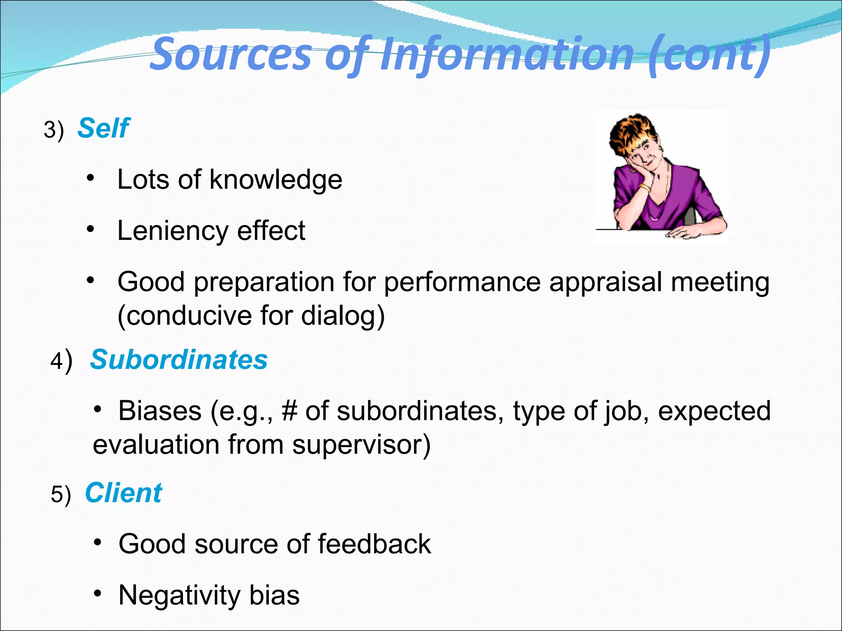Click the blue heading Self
point(103,128)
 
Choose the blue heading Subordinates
point(179,359)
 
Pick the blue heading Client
point(123,493)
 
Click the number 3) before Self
point(54,130)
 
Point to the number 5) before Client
point(60,494)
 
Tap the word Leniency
point(172,231)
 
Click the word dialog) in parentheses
point(343,316)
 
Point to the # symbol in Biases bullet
point(289,411)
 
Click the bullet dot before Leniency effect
point(90,229)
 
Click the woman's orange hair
point(631,129)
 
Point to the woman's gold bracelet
point(645,188)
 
